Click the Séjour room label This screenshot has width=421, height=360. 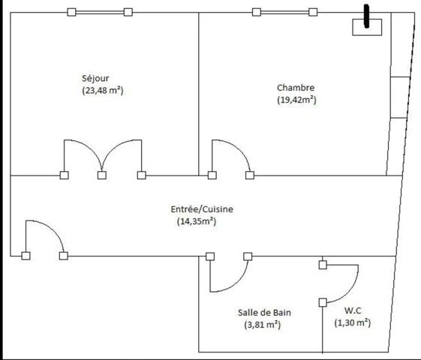(95, 78)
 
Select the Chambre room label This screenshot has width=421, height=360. (296, 88)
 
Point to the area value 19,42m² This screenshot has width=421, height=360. (296, 100)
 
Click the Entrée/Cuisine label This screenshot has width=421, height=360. (202, 209)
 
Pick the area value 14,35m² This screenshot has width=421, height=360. (197, 221)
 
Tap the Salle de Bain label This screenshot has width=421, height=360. (264, 313)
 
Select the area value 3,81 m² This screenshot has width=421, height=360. (263, 325)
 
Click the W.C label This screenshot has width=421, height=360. (353, 310)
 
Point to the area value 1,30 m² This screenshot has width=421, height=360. (353, 322)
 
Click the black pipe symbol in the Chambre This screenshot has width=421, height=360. (366, 16)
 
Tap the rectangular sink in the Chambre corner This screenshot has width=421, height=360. (367, 27)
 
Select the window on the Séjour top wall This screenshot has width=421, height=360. (100, 12)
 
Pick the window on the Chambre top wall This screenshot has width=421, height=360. (284, 12)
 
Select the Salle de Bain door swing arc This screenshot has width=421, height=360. (238, 283)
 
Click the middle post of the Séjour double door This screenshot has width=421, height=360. (102, 175)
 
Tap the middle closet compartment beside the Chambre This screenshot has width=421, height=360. (399, 97)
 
